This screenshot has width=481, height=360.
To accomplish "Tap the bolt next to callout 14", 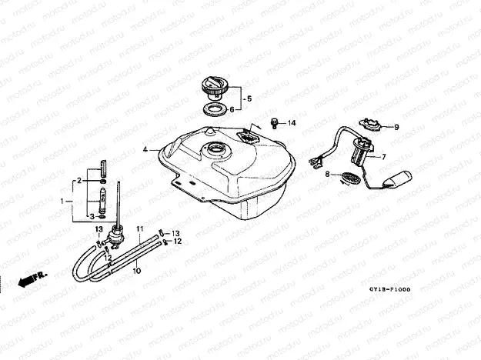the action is [274, 122].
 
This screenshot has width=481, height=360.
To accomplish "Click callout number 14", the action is [292, 123].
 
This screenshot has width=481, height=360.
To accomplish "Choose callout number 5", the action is [232, 109].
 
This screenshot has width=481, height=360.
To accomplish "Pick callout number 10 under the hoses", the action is [135, 271].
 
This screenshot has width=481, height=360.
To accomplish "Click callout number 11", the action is [140, 230].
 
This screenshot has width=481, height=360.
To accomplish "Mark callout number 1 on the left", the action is [65, 200].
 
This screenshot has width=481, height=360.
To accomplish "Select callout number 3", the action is [89, 216].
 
